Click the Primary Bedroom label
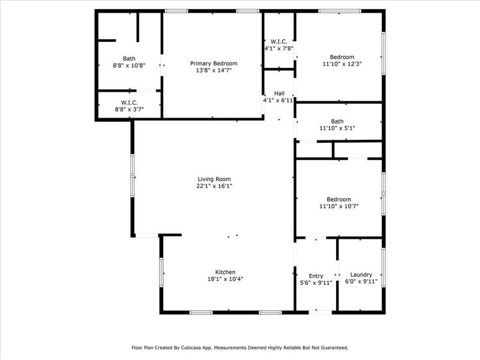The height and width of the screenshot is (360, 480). point(214,64)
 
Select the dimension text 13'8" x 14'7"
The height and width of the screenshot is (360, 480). point(214,71)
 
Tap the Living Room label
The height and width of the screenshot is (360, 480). point(214,179)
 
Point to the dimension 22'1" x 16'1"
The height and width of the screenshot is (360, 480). point(214,186)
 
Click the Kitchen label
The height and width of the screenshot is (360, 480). point(226,272)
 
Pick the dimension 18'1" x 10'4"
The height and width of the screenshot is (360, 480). point(226,279)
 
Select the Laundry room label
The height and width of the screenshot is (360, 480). point(361,275)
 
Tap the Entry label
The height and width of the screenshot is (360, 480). point(316,275)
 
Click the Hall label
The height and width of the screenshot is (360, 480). point(279,94)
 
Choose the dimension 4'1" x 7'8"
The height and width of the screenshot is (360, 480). point(279,49)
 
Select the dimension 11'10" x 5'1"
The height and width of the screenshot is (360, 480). point(338,128)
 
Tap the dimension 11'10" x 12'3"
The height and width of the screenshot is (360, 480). point(342,64)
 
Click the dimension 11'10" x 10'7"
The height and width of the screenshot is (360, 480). point(339,206)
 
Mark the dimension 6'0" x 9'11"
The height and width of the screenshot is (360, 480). point(361,281)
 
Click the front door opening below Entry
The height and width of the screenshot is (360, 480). point(320,312)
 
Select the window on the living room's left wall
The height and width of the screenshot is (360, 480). point(133,175)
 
